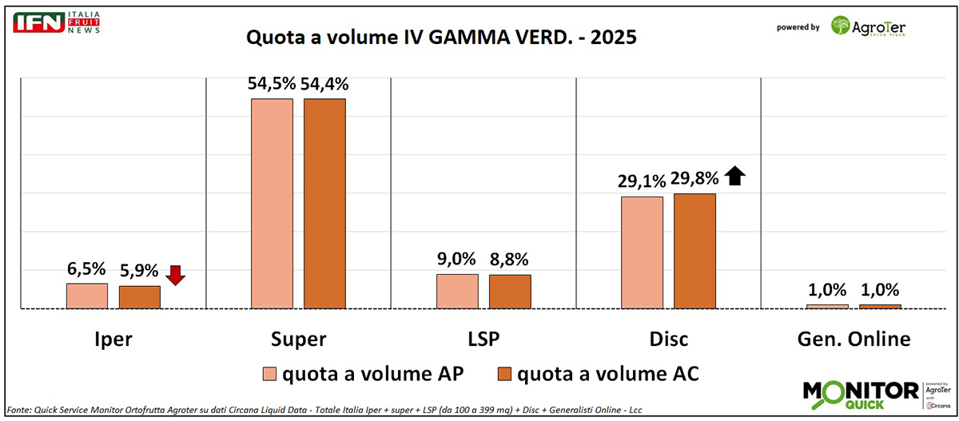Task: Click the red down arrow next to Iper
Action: coord(176,275)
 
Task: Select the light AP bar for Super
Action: coord(272,203)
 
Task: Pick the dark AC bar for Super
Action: coord(324,203)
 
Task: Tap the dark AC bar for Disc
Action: coord(694,250)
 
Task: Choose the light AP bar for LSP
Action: coord(457,291)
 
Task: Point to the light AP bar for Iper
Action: coord(87,296)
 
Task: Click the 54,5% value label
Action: coord(271,84)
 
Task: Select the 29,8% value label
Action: coord(694,178)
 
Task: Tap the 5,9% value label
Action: coord(139,271)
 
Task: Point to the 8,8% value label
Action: coord(509,259)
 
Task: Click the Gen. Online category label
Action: coord(853,339)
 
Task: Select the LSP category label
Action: coord(482,339)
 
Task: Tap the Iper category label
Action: coord(113,339)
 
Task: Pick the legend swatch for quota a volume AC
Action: coord(505,373)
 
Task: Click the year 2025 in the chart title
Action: coord(611,38)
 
